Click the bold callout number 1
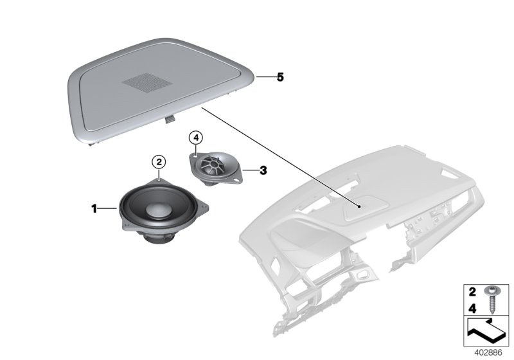[x=94, y=208]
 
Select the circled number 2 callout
[x=158, y=161]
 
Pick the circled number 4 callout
[x=195, y=137]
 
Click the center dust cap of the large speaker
[x=158, y=209]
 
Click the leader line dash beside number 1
[x=107, y=208]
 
